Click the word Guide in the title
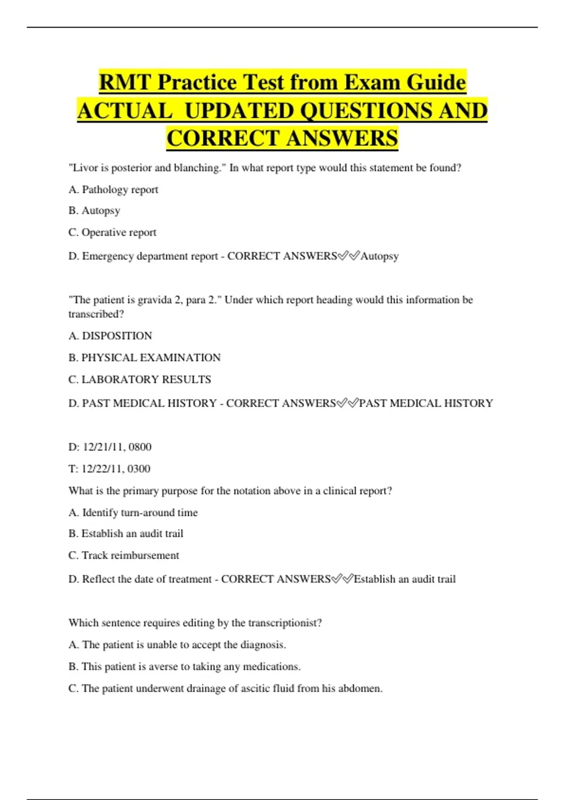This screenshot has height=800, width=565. [x=436, y=83]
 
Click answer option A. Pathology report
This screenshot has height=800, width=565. [x=113, y=190]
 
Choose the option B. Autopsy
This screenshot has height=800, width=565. [x=94, y=211]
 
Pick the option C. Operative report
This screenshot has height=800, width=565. [x=113, y=232]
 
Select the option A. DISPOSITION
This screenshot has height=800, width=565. [x=110, y=336]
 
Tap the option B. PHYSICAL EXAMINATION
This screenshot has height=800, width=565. [x=145, y=358]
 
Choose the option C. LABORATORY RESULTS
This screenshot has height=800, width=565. [x=140, y=379]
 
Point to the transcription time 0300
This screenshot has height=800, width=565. [x=139, y=469]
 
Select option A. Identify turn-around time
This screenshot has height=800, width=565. [x=133, y=512]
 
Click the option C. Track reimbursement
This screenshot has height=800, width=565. [x=124, y=555]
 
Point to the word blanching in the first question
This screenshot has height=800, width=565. [x=197, y=168]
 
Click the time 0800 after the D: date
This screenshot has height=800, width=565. [x=140, y=447]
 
